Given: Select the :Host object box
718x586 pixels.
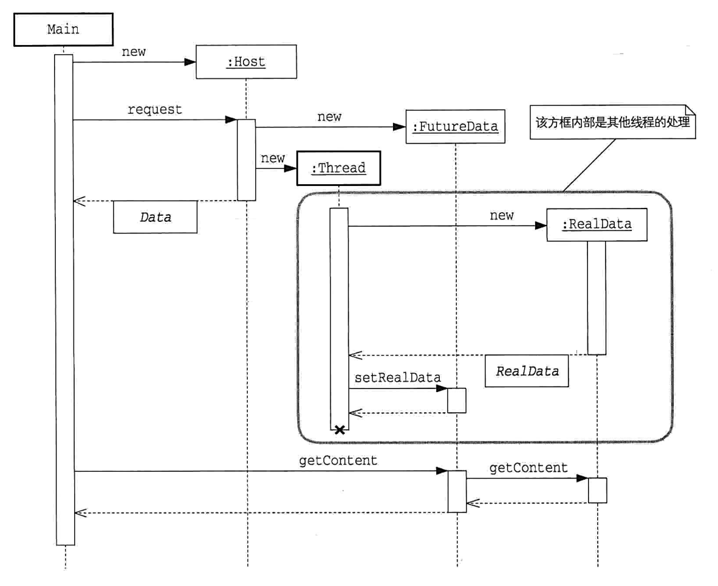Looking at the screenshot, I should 246,61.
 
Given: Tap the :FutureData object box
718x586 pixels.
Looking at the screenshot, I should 456,126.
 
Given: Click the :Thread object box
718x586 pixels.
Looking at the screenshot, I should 338,168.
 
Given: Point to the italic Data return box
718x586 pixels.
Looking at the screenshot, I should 155,217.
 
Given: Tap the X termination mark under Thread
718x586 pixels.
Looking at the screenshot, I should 340,430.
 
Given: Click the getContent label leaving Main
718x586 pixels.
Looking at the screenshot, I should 338,461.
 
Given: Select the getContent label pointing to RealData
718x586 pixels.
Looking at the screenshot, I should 528,468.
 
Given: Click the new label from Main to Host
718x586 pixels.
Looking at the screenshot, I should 134,52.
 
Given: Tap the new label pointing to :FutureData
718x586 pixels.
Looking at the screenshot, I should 329,117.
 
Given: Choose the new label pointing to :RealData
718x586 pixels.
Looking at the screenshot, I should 501,216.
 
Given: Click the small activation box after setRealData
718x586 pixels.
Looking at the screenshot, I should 457,400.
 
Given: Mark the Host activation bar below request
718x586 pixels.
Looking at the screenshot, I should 246,159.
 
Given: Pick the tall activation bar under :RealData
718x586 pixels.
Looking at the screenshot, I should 597,298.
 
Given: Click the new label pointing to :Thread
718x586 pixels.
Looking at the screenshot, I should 273,159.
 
